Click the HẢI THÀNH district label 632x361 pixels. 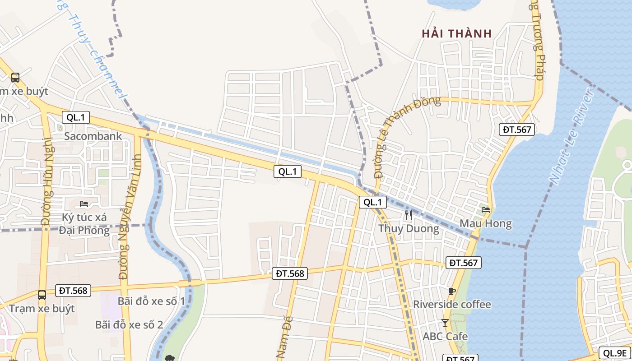click(x=456, y=33)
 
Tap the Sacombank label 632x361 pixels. click(x=93, y=136)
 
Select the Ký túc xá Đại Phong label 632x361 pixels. click(x=85, y=224)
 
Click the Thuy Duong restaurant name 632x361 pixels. click(x=409, y=228)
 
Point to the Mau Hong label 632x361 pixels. click(x=485, y=223)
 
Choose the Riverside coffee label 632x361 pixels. click(x=452, y=305)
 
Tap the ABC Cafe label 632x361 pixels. click(x=445, y=336)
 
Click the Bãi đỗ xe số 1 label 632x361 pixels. click(x=151, y=301)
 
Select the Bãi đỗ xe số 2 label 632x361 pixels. click(x=129, y=324)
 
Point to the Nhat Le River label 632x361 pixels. click(x=571, y=135)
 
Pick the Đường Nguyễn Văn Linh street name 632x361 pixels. click(x=130, y=217)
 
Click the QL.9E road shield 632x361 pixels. click(x=614, y=353)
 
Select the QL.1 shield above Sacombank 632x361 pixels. click(x=76, y=118)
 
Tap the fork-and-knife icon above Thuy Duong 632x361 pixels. click(x=409, y=215)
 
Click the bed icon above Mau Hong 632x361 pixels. click(x=486, y=209)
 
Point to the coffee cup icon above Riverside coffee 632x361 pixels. click(x=452, y=291)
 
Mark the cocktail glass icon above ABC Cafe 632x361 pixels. click(x=445, y=323)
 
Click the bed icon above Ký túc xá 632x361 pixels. click(x=84, y=204)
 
